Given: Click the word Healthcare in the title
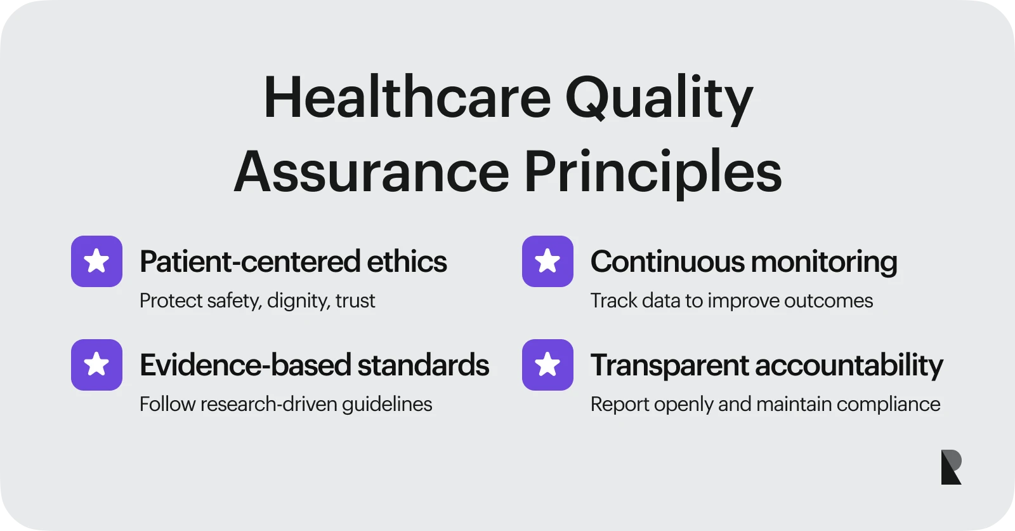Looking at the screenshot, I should point(407,98).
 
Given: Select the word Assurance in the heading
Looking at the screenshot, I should point(372,172).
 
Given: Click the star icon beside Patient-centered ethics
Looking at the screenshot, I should point(96,261).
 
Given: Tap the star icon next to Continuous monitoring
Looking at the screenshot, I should point(547,261).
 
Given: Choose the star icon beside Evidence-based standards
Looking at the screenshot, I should point(96,365).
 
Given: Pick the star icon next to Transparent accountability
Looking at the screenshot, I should point(547,365).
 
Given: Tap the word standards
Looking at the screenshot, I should point(423,365).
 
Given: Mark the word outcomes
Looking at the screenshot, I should point(828,300).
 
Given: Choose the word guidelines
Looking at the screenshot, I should point(387,405).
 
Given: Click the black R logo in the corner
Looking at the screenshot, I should point(951,467).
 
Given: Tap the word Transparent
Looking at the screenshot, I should point(670,366).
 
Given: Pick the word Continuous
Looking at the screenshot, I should point(667,262).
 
